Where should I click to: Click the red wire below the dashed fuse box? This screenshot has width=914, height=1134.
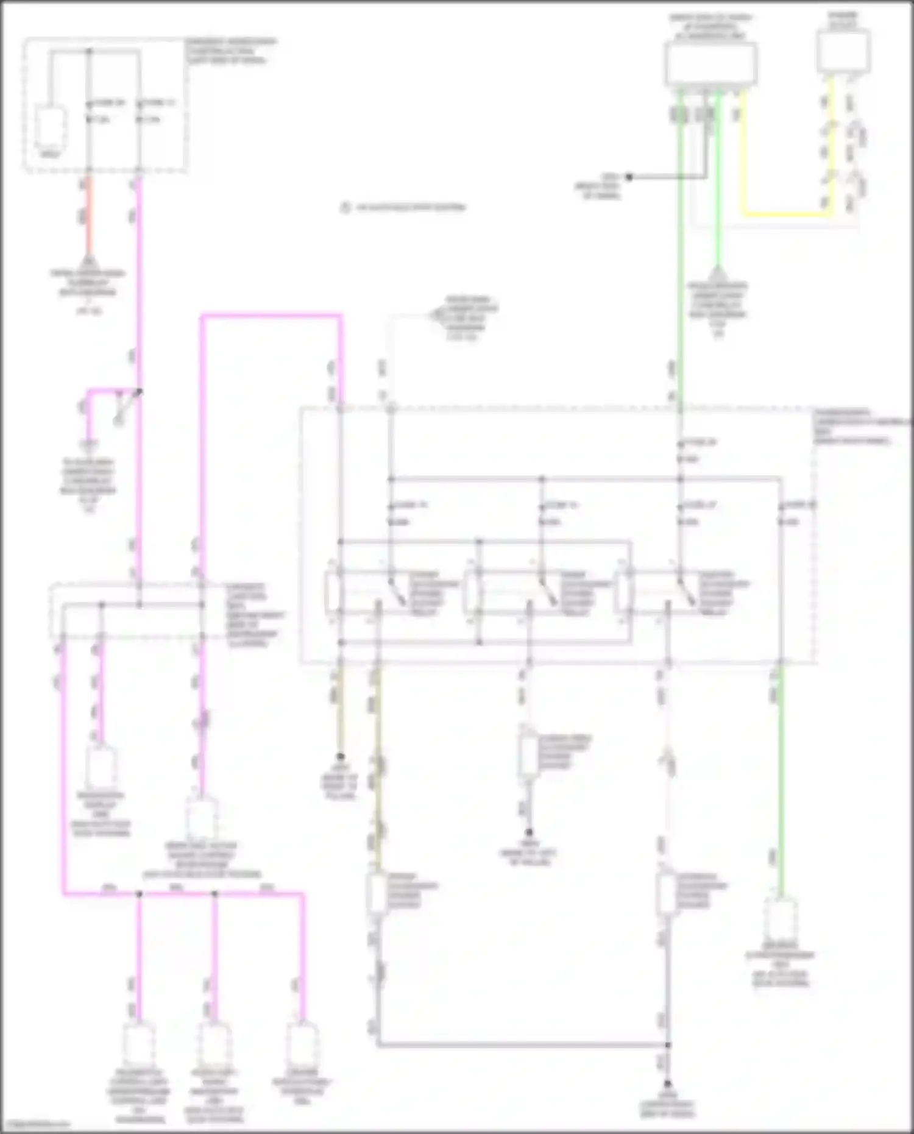coord(88,216)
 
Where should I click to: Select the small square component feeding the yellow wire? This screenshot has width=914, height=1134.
coord(843,52)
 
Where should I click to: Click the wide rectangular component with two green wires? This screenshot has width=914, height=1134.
coord(711,64)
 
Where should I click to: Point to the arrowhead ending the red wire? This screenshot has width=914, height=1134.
coord(88,261)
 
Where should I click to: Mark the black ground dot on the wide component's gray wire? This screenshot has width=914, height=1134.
coord(629,177)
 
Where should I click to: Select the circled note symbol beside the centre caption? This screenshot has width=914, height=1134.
coord(345,208)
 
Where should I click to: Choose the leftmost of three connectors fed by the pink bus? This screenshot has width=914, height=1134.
coord(139,1044)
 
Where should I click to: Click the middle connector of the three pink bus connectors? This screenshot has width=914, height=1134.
coord(214,1044)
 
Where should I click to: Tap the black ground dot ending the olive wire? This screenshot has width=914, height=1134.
coord(341,756)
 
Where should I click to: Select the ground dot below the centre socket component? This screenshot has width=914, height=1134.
coord(529,832)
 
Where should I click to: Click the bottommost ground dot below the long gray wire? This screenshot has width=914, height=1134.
coord(667,1083)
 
